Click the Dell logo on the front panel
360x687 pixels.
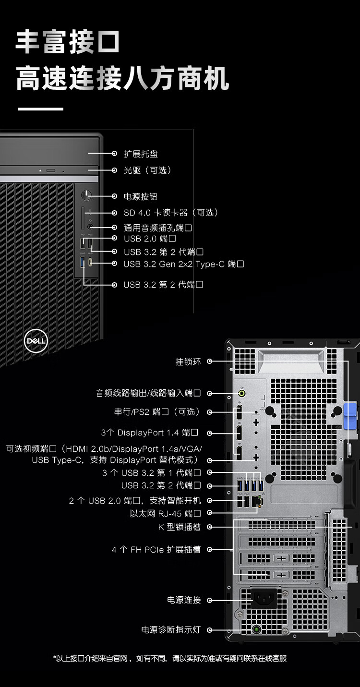coord(36,341)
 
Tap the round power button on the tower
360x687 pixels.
coord(87,195)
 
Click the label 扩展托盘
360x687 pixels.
coord(141,154)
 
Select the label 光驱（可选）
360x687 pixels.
coord(147,170)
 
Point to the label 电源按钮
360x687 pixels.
coord(141,197)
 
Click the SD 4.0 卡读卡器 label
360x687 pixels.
coord(171,213)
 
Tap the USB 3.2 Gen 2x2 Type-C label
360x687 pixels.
coord(183,264)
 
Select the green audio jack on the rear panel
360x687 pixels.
coord(243,394)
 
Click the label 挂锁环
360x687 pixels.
coord(188,362)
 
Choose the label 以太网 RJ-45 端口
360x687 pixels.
coord(165,514)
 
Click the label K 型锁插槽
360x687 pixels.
coord(179,527)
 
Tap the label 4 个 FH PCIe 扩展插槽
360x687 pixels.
coord(156,550)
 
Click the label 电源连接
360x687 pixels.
coord(184,600)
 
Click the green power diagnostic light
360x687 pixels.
coord(257,629)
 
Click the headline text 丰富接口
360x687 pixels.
coord(68,42)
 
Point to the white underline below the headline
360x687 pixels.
coord(41,109)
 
